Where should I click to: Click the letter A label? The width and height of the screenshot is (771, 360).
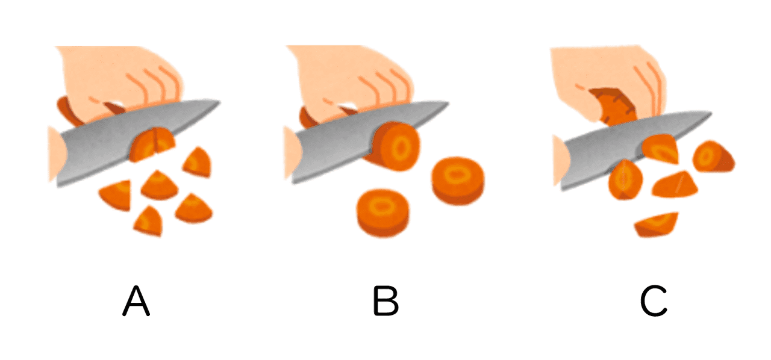tap(136, 301)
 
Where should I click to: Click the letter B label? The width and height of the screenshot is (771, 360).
tap(386, 301)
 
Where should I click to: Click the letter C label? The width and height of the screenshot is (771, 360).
tap(654, 301)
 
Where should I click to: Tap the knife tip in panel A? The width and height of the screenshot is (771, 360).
tap(220, 102)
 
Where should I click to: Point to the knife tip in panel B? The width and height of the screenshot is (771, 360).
tap(448, 102)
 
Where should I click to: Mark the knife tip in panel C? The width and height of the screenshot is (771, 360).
tap(711, 113)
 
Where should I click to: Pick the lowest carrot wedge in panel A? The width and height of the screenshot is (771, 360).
tap(148, 222)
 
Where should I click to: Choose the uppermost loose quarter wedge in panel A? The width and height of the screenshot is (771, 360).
tap(197, 162)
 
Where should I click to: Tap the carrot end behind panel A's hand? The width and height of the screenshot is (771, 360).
tap(68, 110)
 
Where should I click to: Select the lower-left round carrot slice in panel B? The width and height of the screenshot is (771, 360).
tap(382, 213)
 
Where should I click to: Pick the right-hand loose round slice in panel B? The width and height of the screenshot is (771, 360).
tap(458, 181)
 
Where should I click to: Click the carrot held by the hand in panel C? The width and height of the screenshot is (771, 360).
tap(613, 107)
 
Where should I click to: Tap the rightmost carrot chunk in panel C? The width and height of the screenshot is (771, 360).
tap(713, 157)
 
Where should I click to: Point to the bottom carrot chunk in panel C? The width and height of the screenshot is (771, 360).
tap(656, 225)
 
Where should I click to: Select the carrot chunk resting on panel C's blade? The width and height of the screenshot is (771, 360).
tap(660, 149)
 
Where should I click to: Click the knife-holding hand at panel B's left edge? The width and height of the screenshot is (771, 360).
tap(293, 153)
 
